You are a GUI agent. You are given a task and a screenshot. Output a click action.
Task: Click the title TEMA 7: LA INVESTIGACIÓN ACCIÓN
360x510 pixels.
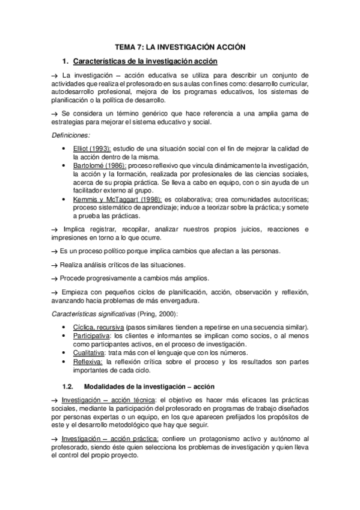coord(180,46)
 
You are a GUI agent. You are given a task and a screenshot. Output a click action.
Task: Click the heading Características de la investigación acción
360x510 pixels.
coord(144,61)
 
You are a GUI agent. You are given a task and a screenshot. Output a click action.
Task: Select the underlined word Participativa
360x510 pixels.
coord(91,335)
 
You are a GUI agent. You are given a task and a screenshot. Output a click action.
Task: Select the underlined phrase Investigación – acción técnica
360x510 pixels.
coord(108,400)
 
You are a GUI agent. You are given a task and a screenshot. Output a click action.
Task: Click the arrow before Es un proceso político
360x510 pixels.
coord(53,250)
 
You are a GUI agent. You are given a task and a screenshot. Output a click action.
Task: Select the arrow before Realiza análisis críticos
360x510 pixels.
coord(53,265)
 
